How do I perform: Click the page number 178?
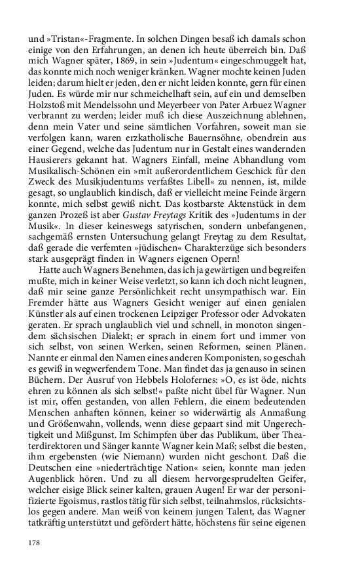(34, 543)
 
